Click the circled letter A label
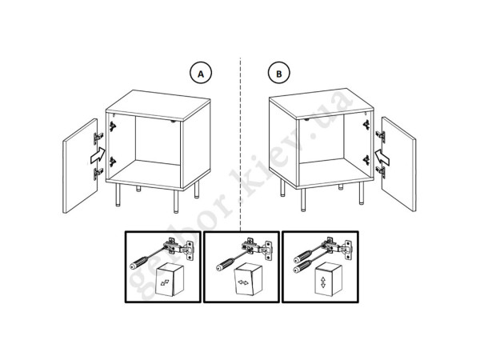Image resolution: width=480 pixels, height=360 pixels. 201,74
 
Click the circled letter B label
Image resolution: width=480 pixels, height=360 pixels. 279,74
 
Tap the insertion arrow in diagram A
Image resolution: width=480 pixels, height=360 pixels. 98,156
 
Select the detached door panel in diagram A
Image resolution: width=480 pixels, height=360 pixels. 80,166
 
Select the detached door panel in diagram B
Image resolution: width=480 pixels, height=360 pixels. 399,164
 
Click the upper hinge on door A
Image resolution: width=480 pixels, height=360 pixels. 98,138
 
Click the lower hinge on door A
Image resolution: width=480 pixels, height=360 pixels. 98,174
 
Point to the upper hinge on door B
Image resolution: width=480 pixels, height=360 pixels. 381,136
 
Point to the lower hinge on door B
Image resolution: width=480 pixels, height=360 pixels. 381,172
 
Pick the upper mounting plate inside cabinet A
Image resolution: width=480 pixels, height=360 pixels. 113,126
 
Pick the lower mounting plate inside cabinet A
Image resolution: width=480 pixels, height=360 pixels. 113,162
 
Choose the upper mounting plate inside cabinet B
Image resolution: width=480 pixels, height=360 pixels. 366,125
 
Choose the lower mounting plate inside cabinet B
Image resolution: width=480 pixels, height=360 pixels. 366,160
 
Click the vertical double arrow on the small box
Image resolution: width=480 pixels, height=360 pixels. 323,282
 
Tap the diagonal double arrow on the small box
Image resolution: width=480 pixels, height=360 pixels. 164,282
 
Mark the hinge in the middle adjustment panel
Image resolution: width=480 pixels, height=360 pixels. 257,247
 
